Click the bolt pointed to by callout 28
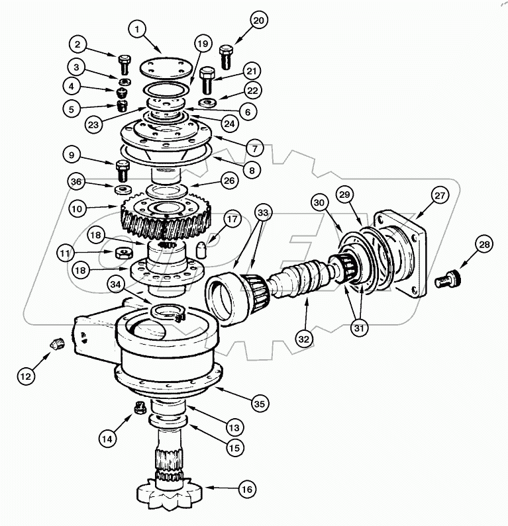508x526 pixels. (448, 281)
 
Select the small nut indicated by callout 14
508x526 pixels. (140, 408)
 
